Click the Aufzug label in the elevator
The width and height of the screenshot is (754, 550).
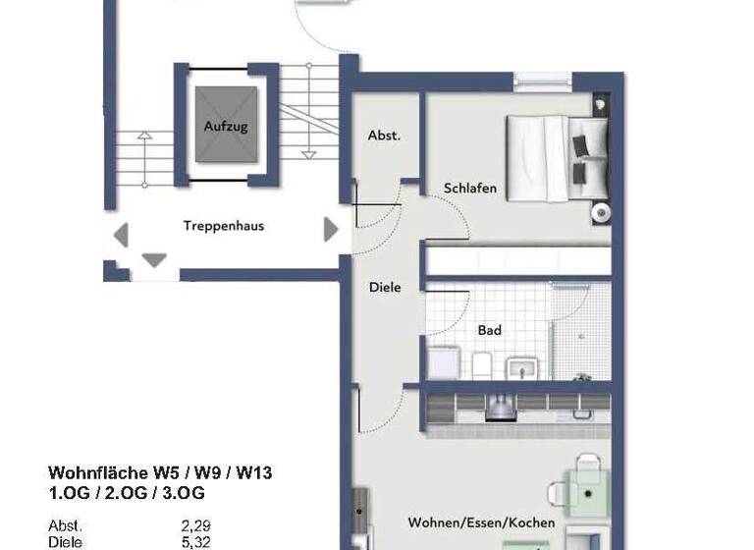pyautogui.click(x=226, y=127)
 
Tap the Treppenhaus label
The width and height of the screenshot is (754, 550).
pyautogui.click(x=224, y=226)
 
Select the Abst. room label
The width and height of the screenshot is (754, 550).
pyautogui.click(x=384, y=137)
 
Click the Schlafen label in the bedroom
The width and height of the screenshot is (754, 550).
pyautogui.click(x=470, y=189)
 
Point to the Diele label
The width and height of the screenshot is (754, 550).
pyautogui.click(x=385, y=288)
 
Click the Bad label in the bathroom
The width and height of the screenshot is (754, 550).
pyautogui.click(x=489, y=331)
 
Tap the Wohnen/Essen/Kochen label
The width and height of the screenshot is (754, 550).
pyautogui.click(x=481, y=522)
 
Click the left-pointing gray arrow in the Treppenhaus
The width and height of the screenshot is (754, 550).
pyautogui.click(x=121, y=234)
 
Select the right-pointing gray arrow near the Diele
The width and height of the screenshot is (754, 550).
pyautogui.click(x=331, y=230)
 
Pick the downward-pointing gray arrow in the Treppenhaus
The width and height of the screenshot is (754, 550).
pyautogui.click(x=154, y=260)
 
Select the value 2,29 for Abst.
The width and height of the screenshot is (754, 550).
pyautogui.click(x=195, y=525)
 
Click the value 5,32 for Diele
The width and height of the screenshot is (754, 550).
pyautogui.click(x=195, y=541)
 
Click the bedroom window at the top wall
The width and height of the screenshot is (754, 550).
pyautogui.click(x=542, y=79)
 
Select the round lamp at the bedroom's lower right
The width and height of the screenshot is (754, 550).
pyautogui.click(x=599, y=212)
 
